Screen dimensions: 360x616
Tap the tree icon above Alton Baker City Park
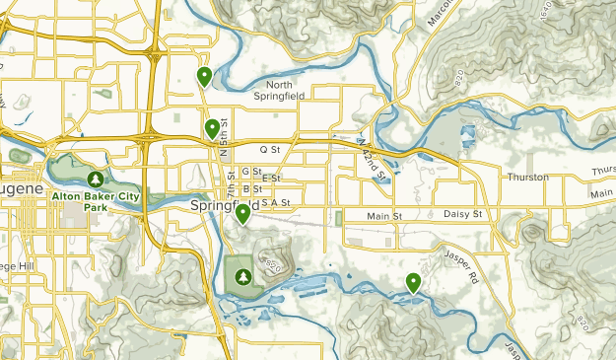[96, 180]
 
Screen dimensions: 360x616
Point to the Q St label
[270, 149]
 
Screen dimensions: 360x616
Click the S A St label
[276, 202]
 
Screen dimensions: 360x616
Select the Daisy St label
[462, 214]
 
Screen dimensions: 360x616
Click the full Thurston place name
[526, 178]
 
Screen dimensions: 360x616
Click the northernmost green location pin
[204, 76]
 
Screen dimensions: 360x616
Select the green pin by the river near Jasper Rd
[414, 282]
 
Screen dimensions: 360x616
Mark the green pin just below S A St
[242, 213]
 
